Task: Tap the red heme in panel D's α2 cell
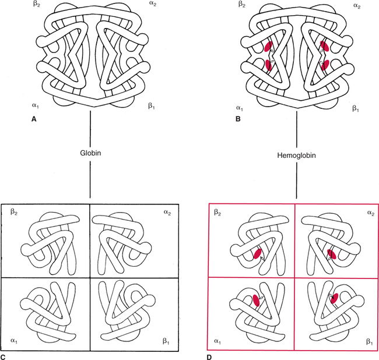point(331,255)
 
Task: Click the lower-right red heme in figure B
point(325,65)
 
